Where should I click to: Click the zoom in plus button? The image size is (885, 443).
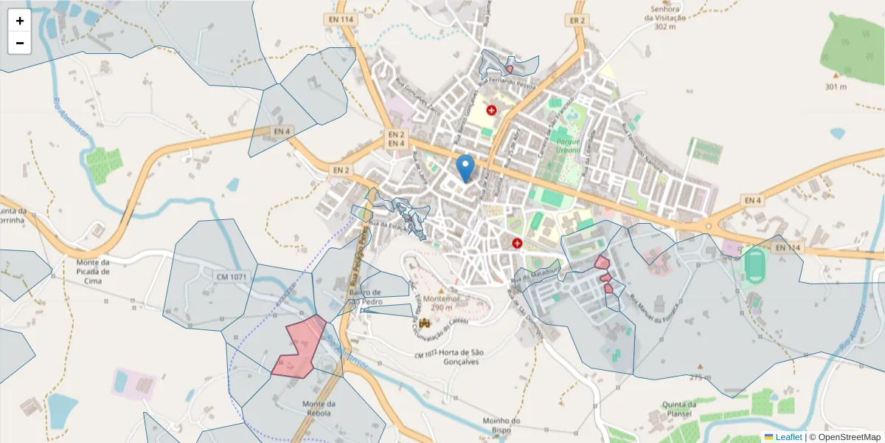(20, 21)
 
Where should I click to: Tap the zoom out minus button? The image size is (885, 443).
(20, 43)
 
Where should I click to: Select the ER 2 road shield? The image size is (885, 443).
(578, 21)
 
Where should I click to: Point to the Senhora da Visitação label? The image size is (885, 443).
(664, 18)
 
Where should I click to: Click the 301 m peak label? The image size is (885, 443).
(835, 86)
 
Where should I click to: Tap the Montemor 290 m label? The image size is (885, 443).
(441, 302)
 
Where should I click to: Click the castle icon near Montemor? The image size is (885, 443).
(424, 323)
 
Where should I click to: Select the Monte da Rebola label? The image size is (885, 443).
(319, 408)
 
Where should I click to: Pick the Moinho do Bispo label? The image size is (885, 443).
(502, 425)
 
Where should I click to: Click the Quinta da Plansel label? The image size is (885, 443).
(679, 408)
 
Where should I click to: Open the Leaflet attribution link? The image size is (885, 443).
(788, 437)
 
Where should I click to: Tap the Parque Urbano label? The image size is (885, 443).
(569, 145)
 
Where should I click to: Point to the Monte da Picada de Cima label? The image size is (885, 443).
(93, 270)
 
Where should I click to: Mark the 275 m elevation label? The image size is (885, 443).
(700, 377)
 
